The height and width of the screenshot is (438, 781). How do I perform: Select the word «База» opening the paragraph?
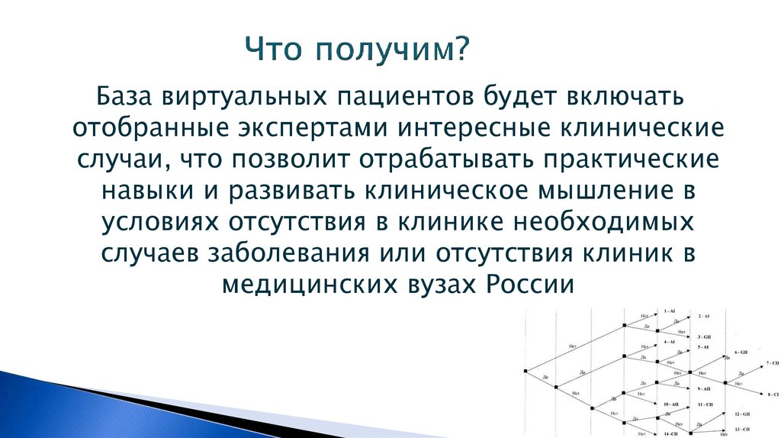pyautogui.click(x=122, y=98)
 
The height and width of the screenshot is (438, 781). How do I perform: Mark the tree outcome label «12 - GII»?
pyautogui.click(x=743, y=414)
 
